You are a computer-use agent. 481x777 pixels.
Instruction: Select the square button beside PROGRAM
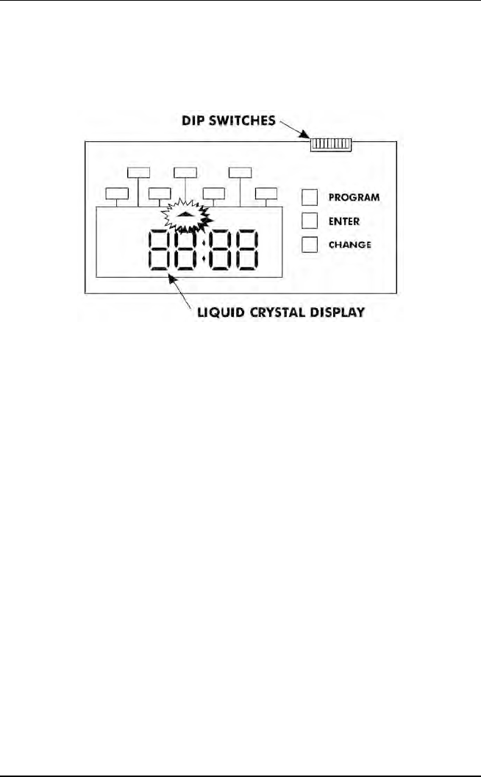(310, 197)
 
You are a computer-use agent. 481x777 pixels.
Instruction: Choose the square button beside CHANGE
(310, 245)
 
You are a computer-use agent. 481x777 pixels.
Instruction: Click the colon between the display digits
(203, 250)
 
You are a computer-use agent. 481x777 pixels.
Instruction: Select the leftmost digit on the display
(160, 250)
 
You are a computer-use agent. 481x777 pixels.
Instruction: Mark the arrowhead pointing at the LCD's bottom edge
(171, 279)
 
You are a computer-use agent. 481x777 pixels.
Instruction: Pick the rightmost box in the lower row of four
(266, 194)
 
